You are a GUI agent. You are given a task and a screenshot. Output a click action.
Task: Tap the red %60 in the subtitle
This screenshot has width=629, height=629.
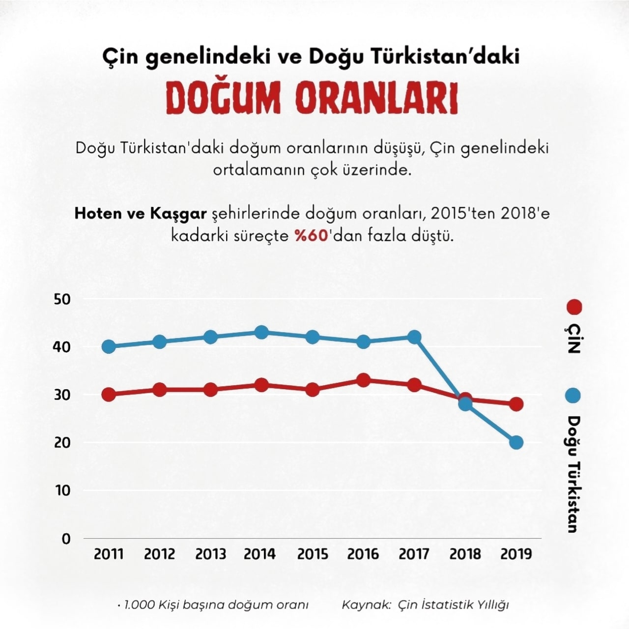point(311,236)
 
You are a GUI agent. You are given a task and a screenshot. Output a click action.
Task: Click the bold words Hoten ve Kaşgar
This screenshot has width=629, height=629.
point(141,214)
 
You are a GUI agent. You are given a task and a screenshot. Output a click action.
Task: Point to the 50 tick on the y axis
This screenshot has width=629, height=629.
point(62,299)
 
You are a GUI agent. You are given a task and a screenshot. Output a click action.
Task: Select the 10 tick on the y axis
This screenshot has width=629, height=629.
point(62,490)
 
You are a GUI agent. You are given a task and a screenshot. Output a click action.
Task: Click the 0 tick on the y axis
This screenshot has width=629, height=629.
point(66,539)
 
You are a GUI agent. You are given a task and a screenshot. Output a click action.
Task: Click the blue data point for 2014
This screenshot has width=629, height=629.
point(261,332)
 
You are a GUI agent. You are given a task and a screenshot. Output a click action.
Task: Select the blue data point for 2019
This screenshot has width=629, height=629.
point(516,443)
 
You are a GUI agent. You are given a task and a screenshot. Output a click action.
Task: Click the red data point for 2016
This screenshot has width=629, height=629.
point(363,380)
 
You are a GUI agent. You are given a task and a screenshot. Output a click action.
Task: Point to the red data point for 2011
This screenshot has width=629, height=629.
point(109,394)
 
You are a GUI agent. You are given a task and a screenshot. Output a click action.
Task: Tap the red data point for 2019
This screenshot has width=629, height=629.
point(516,404)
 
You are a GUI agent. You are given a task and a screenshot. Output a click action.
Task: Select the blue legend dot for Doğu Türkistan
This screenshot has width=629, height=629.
point(573,396)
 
